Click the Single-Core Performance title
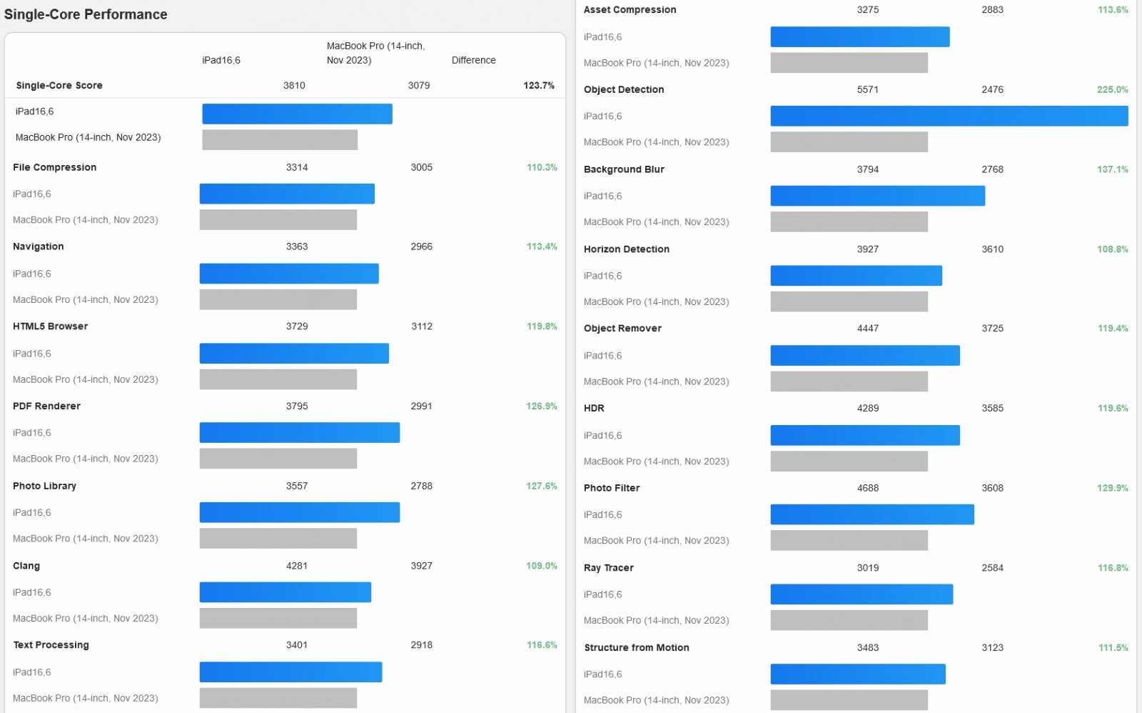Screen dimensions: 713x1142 pyautogui.click(x=86, y=14)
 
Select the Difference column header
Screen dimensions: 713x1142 pyautogui.click(x=473, y=60)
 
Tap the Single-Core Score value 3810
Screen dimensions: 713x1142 pyautogui.click(x=294, y=85)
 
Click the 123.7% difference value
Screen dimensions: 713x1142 pyautogui.click(x=538, y=85)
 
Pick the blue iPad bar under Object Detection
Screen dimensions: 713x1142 pyautogui.click(x=949, y=116)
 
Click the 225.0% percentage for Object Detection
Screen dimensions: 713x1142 pyautogui.click(x=1112, y=89)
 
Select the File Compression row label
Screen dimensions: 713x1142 pyautogui.click(x=54, y=167)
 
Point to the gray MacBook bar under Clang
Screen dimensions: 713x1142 pyautogui.click(x=278, y=618)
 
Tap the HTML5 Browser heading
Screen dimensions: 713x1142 pyautogui.click(x=50, y=326)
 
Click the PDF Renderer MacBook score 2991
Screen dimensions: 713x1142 pyautogui.click(x=421, y=406)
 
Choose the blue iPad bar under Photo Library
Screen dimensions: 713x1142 pyautogui.click(x=299, y=512)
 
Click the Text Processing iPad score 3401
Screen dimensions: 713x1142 pyautogui.click(x=297, y=644)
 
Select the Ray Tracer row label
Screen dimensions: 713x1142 pyautogui.click(x=608, y=567)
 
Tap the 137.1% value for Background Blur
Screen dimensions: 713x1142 pyautogui.click(x=1112, y=169)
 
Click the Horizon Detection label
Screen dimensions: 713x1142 pyautogui.click(x=626, y=249)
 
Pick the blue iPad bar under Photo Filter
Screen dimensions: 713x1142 pyautogui.click(x=871, y=514)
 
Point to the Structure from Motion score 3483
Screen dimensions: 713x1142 pyautogui.click(x=868, y=647)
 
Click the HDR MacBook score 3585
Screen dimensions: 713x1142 pyautogui.click(x=992, y=408)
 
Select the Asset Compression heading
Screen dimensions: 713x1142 pyautogui.click(x=630, y=9)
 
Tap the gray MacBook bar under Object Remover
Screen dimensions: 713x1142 pyautogui.click(x=849, y=382)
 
